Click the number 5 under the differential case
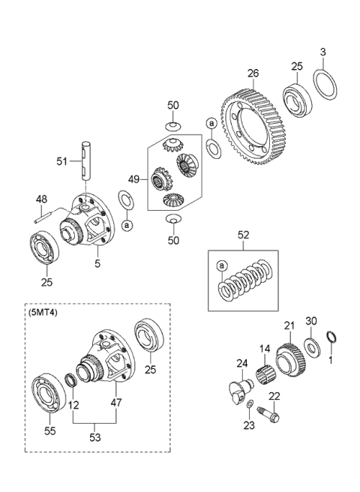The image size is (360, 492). (x=97, y=262)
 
